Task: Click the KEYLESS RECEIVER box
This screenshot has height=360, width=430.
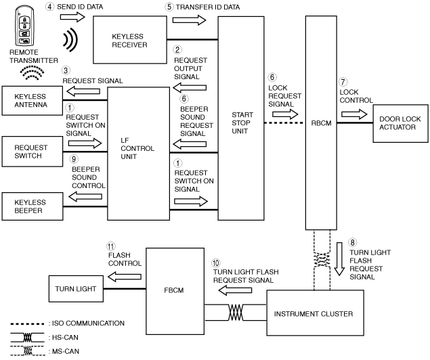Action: pos(130,40)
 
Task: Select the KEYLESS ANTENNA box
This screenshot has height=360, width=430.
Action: pos(33,101)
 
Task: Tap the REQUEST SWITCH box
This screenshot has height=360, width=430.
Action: pos(33,152)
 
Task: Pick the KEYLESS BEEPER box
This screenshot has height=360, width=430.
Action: pos(33,206)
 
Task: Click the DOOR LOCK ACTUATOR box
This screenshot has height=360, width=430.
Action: pos(400,123)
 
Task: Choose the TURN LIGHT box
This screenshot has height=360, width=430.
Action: pos(76,289)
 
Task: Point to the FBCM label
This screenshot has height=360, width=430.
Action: pos(174,290)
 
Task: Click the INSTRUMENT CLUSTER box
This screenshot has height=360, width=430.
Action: pos(316,313)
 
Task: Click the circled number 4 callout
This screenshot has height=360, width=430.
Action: pos(49,6)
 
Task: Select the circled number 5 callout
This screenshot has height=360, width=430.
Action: pos(169,7)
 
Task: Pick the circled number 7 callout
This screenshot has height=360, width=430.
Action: pos(343,82)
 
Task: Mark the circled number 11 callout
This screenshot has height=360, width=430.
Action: pos(111,246)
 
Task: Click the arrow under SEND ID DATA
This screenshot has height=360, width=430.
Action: pos(72,18)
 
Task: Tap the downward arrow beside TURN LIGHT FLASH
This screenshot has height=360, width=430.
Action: pos(339,259)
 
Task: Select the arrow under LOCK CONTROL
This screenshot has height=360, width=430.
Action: pos(354,114)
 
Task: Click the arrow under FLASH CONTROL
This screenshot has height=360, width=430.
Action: pos(125,277)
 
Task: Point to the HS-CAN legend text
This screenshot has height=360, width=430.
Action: pos(65,337)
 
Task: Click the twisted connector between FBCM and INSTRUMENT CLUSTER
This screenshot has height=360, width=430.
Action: pos(236,313)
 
